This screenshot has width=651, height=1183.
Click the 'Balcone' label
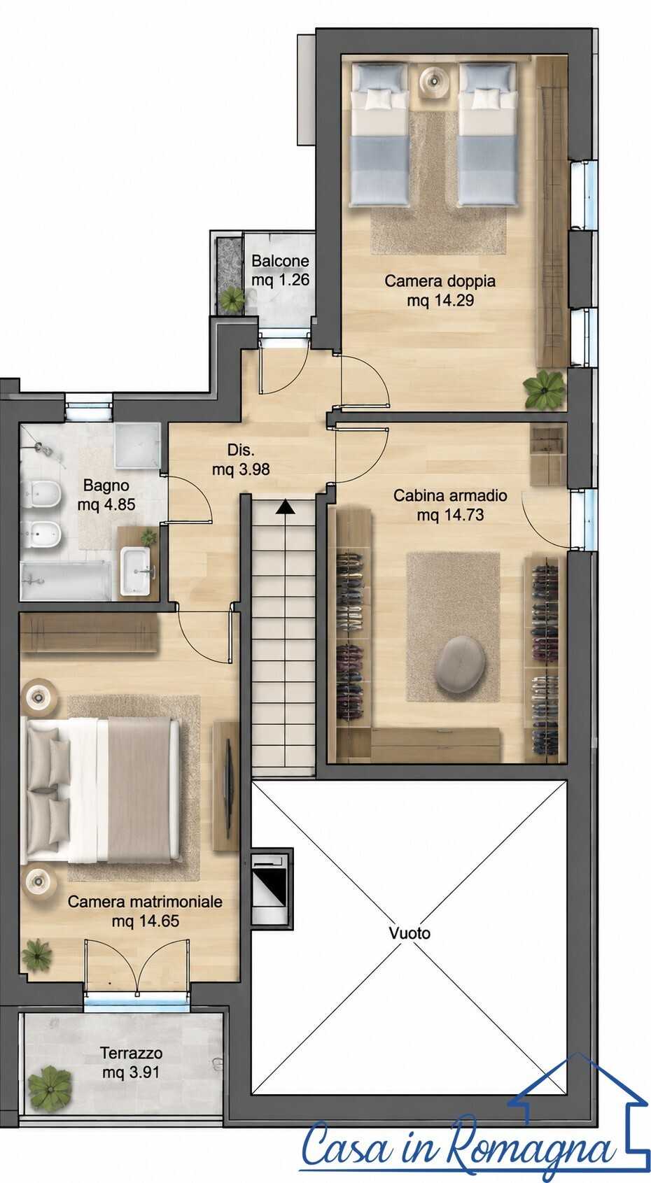(x=280, y=261)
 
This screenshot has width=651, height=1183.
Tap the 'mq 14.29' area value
(x=440, y=301)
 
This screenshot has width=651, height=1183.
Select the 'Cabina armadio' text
(x=450, y=495)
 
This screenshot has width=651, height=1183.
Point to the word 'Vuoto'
(x=409, y=933)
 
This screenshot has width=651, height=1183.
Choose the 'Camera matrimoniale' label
(x=145, y=902)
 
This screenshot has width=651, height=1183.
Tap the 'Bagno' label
(x=106, y=485)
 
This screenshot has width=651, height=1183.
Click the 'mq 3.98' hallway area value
(x=241, y=469)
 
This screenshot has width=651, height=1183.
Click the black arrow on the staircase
(x=286, y=507)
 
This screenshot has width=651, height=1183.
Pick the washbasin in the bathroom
(x=135, y=571)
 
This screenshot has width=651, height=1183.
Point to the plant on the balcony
(x=232, y=299)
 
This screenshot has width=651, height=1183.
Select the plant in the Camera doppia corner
(x=545, y=389)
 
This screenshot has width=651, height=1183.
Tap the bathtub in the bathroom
(x=65, y=581)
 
